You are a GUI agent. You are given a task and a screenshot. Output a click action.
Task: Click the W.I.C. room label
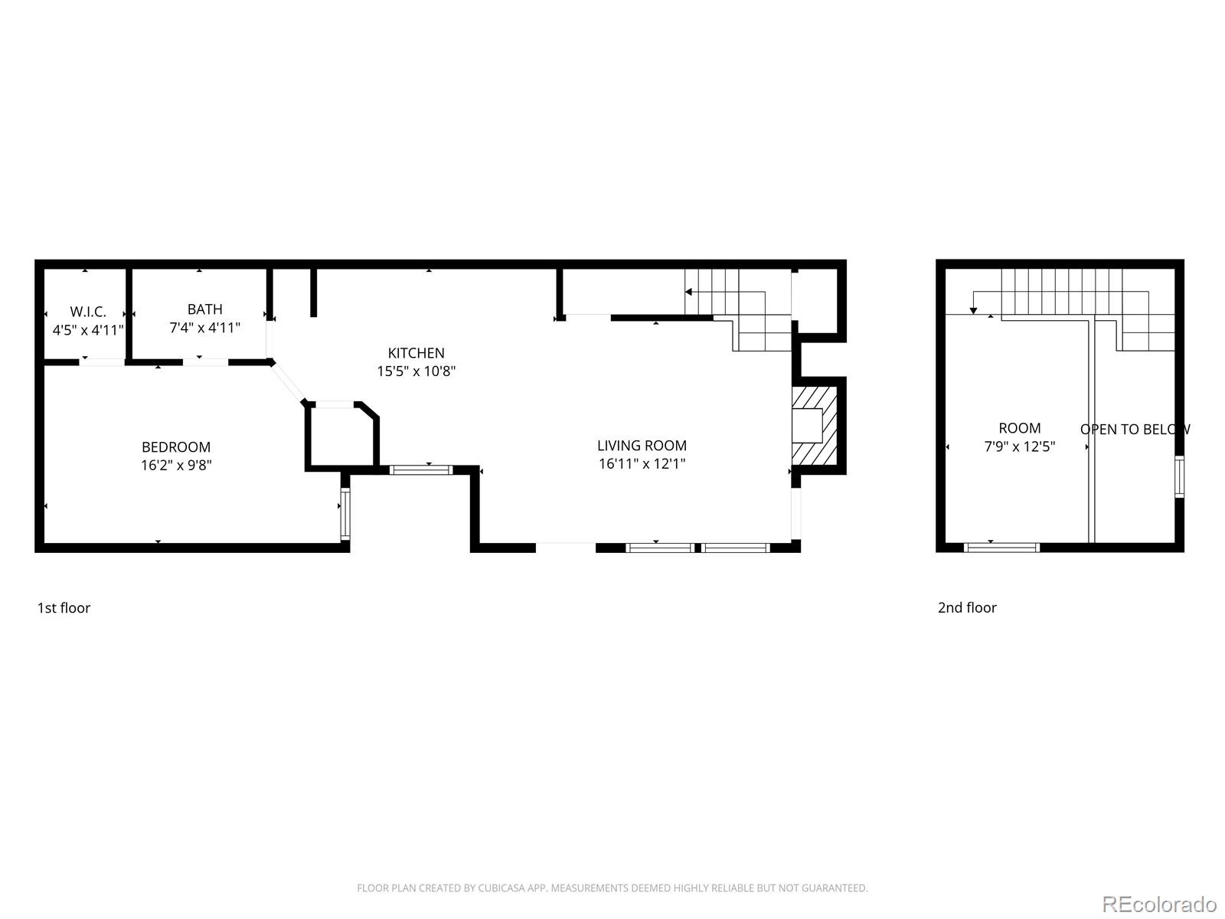pos(88,312)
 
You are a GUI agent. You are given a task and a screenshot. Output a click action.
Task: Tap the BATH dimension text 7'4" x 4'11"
pos(204,328)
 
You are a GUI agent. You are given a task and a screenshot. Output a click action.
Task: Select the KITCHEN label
pos(416,353)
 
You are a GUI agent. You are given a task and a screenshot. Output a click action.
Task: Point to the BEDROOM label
pos(176,446)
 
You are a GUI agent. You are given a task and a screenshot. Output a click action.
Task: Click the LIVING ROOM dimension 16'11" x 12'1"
pos(642,463)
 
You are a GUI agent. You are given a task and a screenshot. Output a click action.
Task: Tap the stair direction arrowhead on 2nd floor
pos(973,309)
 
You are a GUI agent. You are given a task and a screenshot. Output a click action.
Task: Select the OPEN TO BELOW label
pos(1135,429)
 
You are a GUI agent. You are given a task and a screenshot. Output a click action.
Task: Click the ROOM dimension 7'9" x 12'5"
pos(1019,446)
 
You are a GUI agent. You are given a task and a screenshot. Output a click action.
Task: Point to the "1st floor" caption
pos(64,608)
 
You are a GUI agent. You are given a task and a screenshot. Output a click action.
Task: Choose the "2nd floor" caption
pos(967,608)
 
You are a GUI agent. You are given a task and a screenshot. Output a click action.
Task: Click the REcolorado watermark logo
pos(1159,904)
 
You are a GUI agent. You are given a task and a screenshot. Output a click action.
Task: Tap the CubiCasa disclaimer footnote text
pos(612,888)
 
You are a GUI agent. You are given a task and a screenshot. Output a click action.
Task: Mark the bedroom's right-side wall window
pos(345,512)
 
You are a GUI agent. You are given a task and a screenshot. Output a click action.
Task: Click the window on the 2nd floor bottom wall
pos(1001,547)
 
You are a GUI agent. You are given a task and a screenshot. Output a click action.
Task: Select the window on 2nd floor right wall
pos(1179,476)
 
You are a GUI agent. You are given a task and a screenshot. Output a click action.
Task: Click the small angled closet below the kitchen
pos(341,435)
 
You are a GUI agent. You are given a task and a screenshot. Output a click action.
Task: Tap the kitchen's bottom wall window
pos(420,469)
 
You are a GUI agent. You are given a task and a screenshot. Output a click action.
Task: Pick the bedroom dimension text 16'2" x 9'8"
pos(176,464)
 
